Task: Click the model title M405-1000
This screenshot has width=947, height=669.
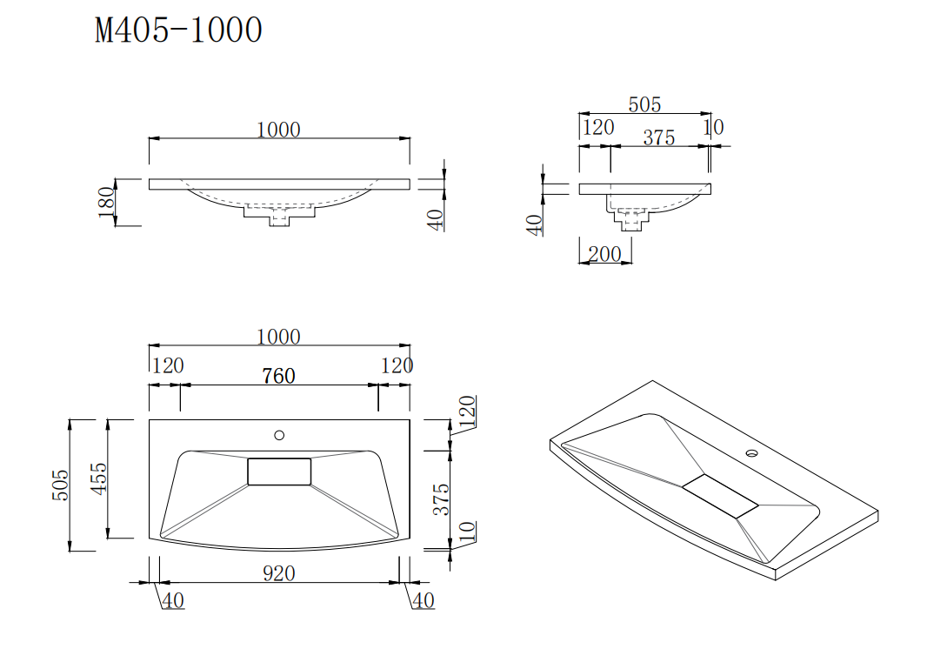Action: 178,30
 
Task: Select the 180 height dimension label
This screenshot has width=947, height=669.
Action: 107,202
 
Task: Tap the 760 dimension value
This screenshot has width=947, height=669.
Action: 278,376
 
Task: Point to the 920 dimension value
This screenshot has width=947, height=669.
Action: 278,573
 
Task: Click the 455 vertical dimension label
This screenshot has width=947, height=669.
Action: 100,478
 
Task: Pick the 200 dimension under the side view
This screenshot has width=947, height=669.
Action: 604,254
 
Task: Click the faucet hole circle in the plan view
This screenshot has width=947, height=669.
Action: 279,435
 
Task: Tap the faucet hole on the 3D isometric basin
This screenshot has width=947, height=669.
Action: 751,453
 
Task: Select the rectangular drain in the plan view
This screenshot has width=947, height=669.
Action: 279,472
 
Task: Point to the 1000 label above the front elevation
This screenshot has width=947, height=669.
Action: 278,130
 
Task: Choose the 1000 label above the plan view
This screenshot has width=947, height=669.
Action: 278,337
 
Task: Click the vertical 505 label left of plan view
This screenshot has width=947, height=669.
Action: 60,485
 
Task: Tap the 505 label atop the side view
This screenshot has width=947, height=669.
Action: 644,104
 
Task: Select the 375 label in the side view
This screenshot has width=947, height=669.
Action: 658,137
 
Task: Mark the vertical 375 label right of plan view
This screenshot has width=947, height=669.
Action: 442,499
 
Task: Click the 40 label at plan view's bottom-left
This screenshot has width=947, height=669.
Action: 172,600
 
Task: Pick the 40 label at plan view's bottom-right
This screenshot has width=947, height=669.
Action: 423,600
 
